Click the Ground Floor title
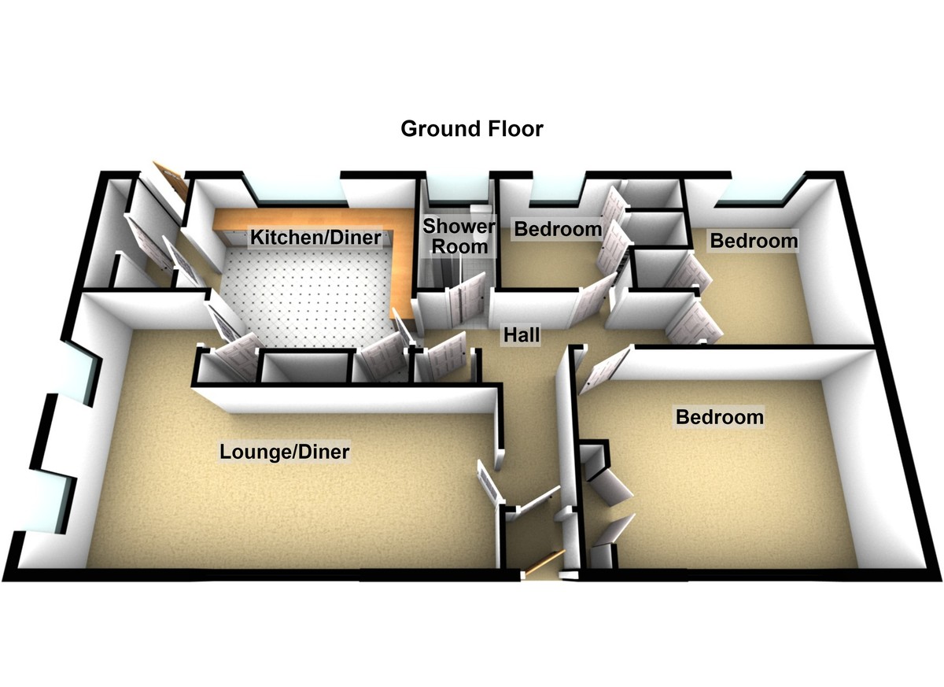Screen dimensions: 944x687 click(471, 129)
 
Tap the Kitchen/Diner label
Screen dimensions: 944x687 click(315, 238)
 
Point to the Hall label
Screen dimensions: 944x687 click(522, 335)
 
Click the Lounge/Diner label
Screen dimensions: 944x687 click(285, 452)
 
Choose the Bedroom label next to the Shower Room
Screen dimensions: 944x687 click(558, 229)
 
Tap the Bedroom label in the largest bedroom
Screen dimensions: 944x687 click(720, 417)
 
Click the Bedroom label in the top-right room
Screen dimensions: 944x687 click(754, 241)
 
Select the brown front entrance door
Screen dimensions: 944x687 click(544, 562)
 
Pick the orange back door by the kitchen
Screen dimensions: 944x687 click(169, 179)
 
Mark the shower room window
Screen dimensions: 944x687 click(457, 190)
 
